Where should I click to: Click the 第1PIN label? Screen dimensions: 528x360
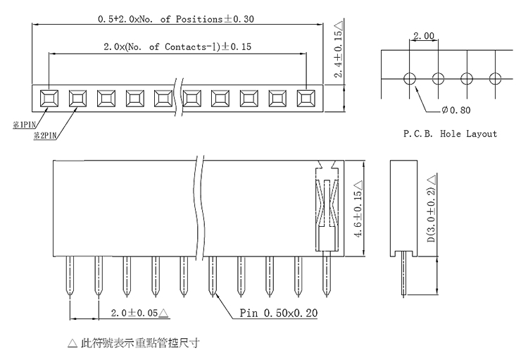click(x=24, y=125)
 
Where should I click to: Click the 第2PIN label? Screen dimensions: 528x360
click(x=45, y=135)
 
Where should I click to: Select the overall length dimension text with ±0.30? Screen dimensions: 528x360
click(x=176, y=19)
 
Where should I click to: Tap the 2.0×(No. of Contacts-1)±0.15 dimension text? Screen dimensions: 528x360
click(x=177, y=46)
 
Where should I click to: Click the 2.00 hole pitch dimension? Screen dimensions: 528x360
click(x=424, y=35)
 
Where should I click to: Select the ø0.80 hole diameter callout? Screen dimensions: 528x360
click(x=456, y=110)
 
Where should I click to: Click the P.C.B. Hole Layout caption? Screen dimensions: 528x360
click(x=451, y=134)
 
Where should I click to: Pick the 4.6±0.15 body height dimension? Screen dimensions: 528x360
click(x=358, y=209)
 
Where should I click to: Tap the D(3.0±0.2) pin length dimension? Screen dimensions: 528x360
click(x=432, y=209)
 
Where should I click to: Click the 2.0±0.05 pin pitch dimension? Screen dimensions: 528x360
click(x=139, y=313)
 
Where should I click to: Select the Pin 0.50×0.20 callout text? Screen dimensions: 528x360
click(x=279, y=313)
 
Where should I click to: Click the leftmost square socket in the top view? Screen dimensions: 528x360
click(x=49, y=99)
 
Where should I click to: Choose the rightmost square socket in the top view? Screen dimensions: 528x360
click(x=306, y=99)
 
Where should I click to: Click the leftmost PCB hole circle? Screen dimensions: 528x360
click(x=410, y=79)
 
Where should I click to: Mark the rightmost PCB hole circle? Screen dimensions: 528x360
click(x=495, y=79)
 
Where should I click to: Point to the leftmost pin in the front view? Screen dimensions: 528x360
click(x=70, y=276)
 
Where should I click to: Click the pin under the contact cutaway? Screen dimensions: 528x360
click(x=326, y=274)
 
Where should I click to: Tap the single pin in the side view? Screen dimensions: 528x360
click(x=404, y=274)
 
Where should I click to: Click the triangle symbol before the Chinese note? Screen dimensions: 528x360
click(x=73, y=343)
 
